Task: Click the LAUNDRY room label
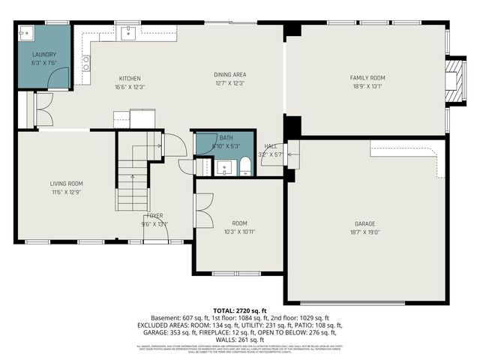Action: (x=44, y=55)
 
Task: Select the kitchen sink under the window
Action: (x=127, y=31)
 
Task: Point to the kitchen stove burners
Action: (x=86, y=64)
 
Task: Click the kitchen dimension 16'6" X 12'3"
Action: (x=130, y=88)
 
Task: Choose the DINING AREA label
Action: (x=230, y=74)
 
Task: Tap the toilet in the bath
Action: (x=244, y=167)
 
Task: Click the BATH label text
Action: (x=226, y=138)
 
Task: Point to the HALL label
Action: (x=271, y=147)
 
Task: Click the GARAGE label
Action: (x=365, y=223)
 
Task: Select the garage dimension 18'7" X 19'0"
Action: (x=365, y=233)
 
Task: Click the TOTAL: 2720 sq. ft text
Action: (x=239, y=310)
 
